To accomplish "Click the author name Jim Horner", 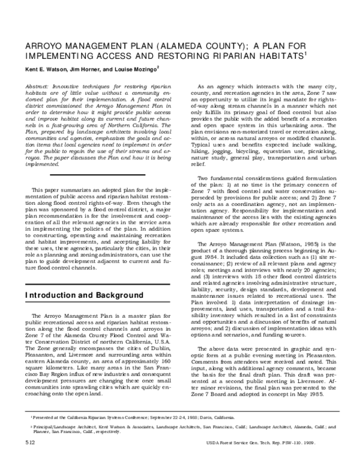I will (89, 70).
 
